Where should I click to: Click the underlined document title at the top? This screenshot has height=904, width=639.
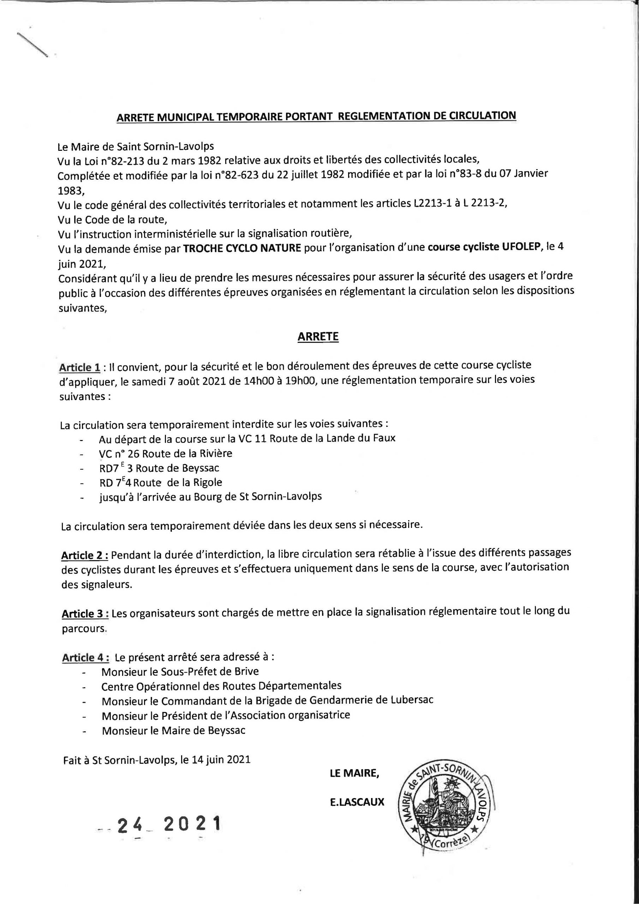coord(316,117)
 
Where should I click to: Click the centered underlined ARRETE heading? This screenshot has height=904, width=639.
coord(318,337)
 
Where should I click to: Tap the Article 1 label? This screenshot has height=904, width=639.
coord(79,367)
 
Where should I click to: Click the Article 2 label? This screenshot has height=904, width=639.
coord(85,555)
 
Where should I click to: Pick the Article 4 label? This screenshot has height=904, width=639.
coord(85,658)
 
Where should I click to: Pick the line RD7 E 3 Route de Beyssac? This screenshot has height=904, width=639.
coord(159,468)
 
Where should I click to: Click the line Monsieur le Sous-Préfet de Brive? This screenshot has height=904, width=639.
coord(180,671)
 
